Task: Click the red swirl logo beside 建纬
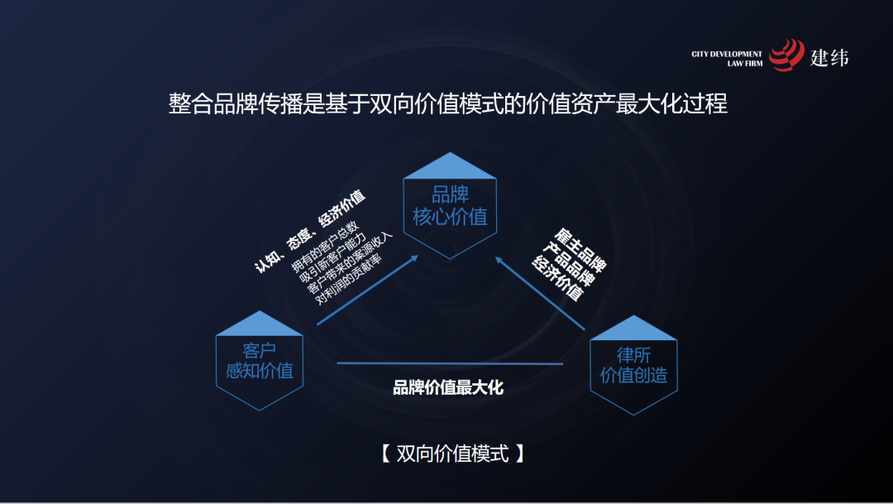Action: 786,55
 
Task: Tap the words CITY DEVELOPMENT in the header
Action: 727,55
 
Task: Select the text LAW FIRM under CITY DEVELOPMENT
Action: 745,64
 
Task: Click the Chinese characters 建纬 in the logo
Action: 829,57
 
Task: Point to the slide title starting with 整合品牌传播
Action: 447,104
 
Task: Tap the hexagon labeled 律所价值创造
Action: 633,365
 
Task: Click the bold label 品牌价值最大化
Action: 447,387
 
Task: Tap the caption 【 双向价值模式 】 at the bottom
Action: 452,454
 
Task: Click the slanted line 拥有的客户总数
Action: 325,246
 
